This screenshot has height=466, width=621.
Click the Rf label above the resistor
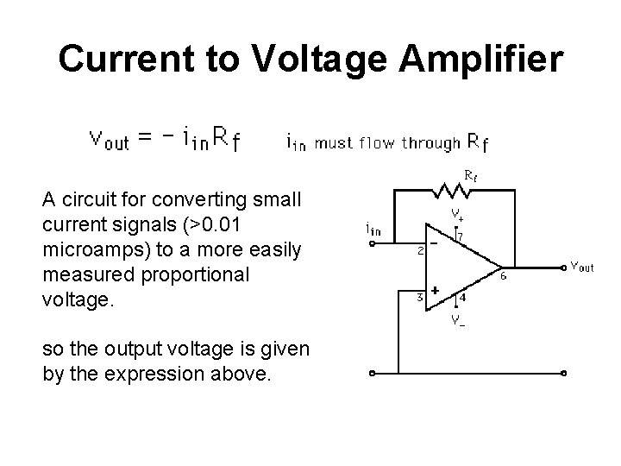click(x=471, y=173)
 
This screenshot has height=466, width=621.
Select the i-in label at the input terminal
click(x=373, y=229)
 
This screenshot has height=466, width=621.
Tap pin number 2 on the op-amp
click(x=420, y=252)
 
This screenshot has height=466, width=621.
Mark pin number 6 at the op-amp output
click(x=503, y=276)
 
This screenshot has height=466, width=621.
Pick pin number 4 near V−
click(x=463, y=299)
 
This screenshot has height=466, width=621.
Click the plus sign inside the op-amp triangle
click(x=436, y=292)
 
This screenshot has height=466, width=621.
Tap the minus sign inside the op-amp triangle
click(x=435, y=244)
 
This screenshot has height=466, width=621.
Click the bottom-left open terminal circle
click(x=373, y=375)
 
